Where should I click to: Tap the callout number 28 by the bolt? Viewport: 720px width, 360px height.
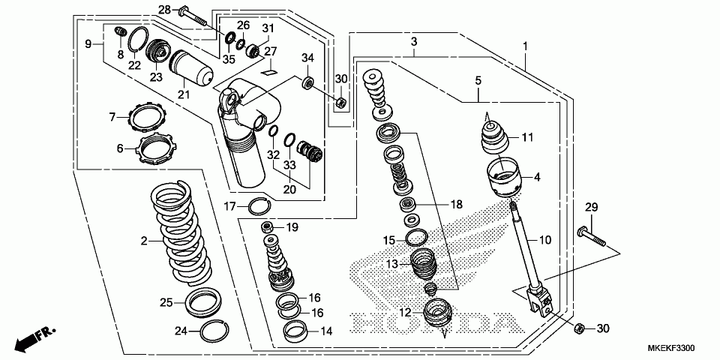164,9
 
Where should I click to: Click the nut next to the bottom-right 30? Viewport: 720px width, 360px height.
580,328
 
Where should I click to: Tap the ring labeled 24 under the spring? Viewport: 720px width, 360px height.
215,330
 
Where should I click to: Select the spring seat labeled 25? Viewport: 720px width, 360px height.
204,301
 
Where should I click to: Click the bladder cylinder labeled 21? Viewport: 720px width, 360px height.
191,69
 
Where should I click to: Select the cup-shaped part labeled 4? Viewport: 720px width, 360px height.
505,177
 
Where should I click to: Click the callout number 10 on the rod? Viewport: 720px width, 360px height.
544,240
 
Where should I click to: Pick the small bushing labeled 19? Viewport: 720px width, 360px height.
267,226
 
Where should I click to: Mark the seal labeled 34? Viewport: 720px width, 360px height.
308,83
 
